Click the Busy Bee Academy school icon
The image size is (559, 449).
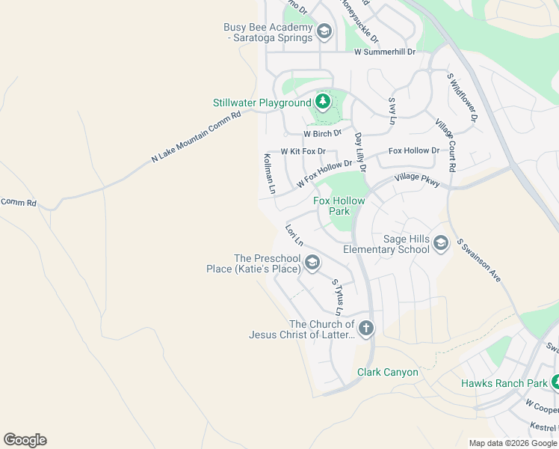(x=324, y=31)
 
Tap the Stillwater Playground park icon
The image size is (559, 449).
(x=323, y=102)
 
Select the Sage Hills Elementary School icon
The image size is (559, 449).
(x=440, y=242)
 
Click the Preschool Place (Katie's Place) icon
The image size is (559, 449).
(x=312, y=262)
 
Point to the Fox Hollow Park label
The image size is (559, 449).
(x=339, y=206)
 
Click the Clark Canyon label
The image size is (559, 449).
(x=387, y=372)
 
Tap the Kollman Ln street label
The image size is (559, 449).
(x=270, y=174)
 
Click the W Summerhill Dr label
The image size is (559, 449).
(x=384, y=52)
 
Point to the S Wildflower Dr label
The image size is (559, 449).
(x=461, y=97)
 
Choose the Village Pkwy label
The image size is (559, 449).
(x=417, y=180)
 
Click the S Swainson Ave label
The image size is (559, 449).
(x=478, y=260)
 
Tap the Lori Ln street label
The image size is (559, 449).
(x=294, y=235)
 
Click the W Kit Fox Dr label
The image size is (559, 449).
(x=303, y=151)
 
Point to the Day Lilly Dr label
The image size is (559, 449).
(x=359, y=152)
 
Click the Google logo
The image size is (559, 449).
(x=25, y=440)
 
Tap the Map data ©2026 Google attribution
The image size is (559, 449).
(x=513, y=443)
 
